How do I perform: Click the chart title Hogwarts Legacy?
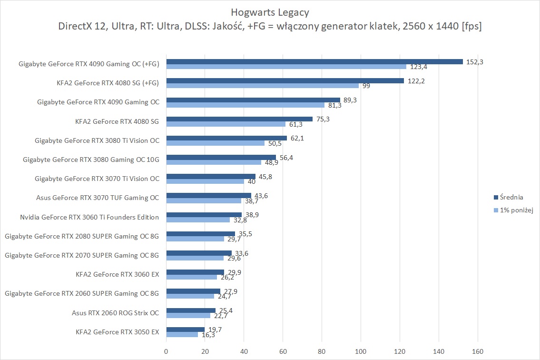[x=269, y=12]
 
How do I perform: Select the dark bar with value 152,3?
[x=314, y=61]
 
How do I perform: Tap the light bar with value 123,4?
[x=286, y=67]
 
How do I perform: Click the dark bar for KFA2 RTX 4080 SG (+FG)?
[x=285, y=80]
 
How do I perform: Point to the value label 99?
[x=366, y=86]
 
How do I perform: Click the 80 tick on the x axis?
[x=322, y=351]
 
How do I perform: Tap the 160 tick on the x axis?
[x=477, y=351]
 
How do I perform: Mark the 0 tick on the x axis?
[x=166, y=351]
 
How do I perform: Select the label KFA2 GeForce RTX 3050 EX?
[x=117, y=331]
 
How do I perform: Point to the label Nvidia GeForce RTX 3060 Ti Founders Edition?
[x=89, y=217]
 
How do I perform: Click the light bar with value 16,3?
[x=182, y=334]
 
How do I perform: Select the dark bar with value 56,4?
[x=221, y=157]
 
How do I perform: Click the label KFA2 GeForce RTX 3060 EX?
[x=117, y=274]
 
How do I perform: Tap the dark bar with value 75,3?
[x=239, y=119]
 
